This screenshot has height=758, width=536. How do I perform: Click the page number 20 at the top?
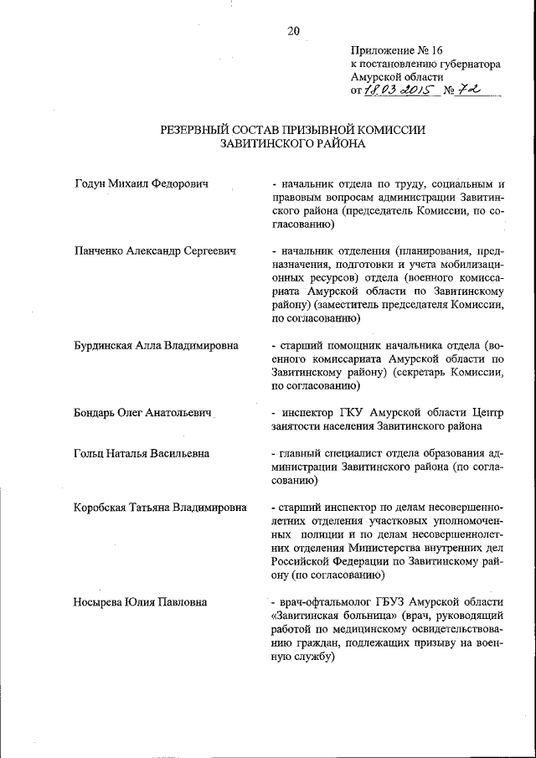coord(293,31)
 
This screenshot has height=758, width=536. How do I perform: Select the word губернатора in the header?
coord(467,64)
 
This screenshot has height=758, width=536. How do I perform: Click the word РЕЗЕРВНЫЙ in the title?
coord(198,130)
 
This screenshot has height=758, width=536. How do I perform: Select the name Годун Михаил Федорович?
coord(142,183)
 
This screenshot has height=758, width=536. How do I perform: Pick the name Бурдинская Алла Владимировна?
coord(156,345)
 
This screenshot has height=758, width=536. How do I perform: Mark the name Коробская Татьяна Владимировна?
coord(160,508)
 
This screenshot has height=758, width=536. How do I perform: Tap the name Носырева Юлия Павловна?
coord(141,602)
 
